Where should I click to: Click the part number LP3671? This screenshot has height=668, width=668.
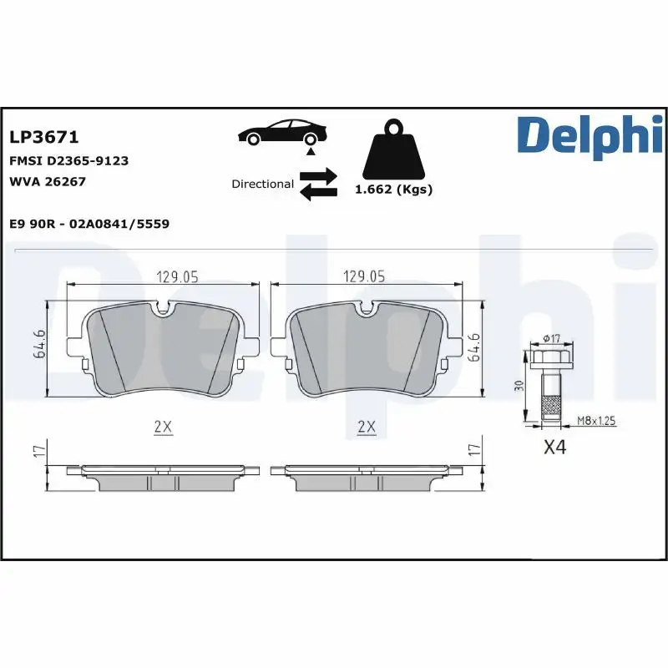43,137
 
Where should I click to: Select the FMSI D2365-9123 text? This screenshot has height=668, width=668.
68,160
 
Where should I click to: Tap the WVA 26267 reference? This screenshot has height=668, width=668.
48,181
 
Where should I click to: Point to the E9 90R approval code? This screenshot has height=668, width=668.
89,224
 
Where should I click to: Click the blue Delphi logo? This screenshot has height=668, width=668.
590,135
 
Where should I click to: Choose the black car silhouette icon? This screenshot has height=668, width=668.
282,134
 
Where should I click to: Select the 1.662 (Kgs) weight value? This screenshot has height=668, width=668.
393,190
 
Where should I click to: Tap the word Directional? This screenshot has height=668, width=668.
262,184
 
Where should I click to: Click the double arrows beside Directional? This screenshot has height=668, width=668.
318,184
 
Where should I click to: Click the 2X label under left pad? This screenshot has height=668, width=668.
163,427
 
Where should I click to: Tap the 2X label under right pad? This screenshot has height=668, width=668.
366,427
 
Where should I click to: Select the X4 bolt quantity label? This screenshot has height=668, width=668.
554,448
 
